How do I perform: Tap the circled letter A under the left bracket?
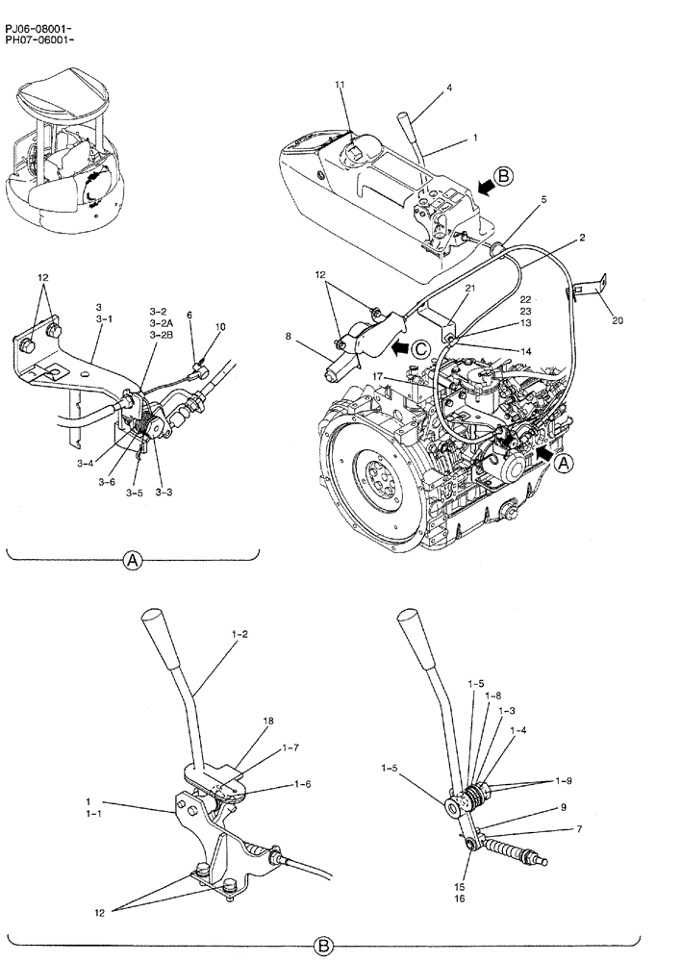(x=133, y=560)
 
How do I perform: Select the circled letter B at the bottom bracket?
(x=324, y=949)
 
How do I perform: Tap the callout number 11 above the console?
(x=340, y=86)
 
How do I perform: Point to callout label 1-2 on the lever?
(x=240, y=636)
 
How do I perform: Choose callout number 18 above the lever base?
(x=268, y=720)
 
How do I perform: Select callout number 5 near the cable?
(x=543, y=200)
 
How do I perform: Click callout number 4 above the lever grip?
(x=448, y=89)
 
